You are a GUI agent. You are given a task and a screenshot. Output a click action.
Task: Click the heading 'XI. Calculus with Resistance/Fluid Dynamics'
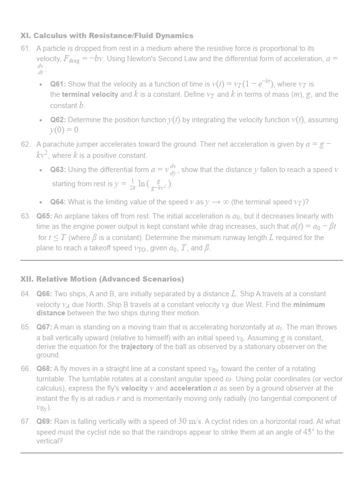click(x=107, y=35)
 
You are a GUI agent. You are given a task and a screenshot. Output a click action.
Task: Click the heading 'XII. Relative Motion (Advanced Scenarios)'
click(x=102, y=279)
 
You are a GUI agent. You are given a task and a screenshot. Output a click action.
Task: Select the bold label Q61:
click(x=58, y=84)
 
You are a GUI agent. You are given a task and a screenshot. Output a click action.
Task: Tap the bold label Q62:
click(x=58, y=120)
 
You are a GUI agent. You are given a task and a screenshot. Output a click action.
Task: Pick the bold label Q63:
click(x=58, y=170)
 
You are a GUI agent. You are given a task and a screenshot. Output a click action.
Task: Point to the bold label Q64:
click(x=58, y=202)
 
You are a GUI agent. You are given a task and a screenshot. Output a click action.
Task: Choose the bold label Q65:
click(x=44, y=216)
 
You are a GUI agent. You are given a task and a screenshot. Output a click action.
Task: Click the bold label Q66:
click(x=44, y=294)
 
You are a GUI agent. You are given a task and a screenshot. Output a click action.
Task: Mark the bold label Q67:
click(x=44, y=327)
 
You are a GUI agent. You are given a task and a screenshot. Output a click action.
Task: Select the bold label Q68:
click(x=44, y=369)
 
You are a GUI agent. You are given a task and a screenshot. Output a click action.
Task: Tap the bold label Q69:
click(x=44, y=422)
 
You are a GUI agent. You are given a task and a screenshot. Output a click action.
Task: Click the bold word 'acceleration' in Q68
click(x=190, y=388)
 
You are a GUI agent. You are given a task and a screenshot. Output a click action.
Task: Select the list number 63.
click(x=26, y=216)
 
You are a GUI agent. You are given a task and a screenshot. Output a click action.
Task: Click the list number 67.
click(x=26, y=422)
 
